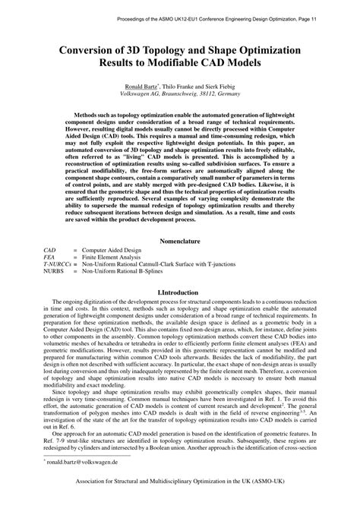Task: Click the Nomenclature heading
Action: click(x=180, y=241)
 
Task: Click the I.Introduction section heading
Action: click(x=180, y=292)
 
